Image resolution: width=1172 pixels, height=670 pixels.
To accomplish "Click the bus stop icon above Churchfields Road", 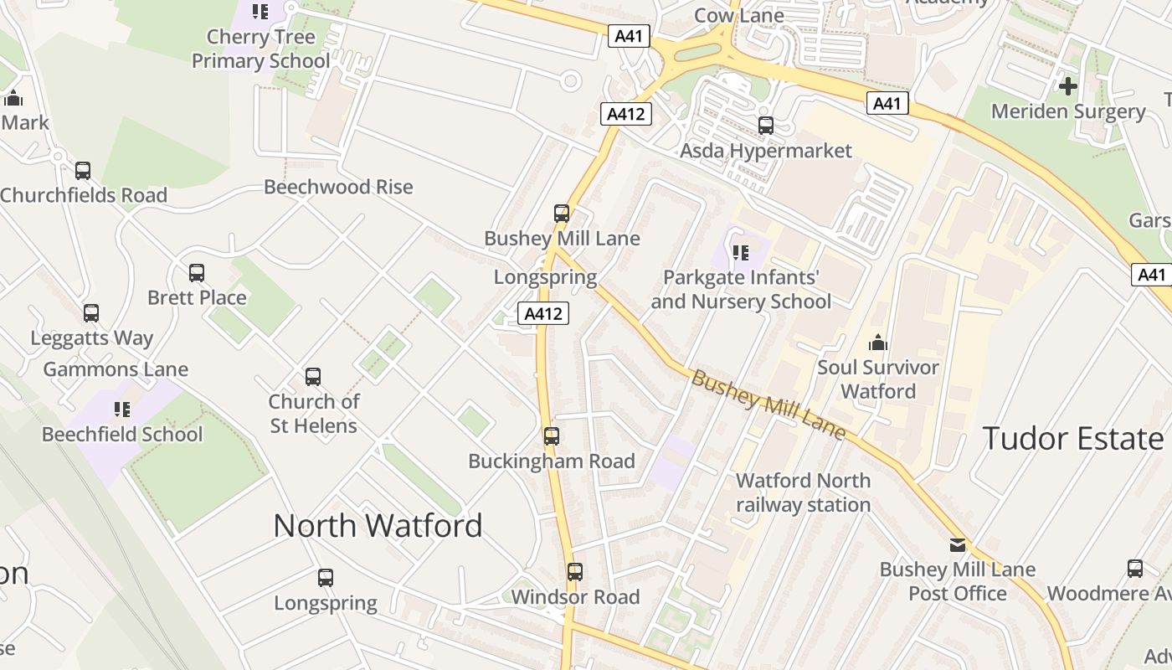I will (83, 171).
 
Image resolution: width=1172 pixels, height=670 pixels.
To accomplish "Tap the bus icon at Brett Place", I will (197, 273).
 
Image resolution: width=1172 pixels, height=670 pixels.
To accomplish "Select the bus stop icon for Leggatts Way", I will (91, 313).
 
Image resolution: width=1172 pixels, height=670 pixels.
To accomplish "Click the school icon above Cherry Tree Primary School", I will (260, 12).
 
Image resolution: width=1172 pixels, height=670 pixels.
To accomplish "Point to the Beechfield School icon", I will (122, 410).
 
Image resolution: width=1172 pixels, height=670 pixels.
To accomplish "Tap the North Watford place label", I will (378, 526).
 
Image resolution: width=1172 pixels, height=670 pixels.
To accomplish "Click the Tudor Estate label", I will (1072, 439).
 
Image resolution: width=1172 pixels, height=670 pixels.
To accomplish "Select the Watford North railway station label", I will (803, 492).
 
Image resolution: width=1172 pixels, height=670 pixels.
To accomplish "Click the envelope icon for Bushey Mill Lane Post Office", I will (958, 545).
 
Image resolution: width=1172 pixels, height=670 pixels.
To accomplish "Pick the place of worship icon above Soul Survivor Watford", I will (878, 343).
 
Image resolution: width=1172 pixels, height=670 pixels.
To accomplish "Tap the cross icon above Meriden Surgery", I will (1068, 86).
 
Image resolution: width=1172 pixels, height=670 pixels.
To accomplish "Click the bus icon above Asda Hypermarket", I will (766, 126).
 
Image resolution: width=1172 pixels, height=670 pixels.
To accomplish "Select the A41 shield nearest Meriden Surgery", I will (887, 103).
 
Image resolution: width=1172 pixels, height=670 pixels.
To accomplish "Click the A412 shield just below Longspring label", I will (543, 313).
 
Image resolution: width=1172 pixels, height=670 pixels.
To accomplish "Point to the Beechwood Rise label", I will (338, 187).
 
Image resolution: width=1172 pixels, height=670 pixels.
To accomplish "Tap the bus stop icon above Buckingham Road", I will (552, 436).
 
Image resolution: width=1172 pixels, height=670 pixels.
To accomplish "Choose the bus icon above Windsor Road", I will (575, 572).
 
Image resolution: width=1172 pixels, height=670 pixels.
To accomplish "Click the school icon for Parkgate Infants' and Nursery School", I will (741, 252).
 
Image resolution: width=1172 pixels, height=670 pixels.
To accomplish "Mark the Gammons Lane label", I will (116, 369).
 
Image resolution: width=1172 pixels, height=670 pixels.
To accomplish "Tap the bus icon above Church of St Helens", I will (313, 377).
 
